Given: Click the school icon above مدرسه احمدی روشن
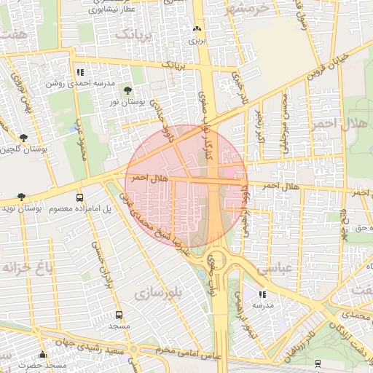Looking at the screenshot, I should tap(80, 72).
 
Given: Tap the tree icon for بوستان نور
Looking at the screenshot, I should tap(128, 90).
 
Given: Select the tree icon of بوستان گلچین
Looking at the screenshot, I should tap(24, 137).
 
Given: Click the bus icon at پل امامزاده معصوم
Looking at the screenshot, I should tap(79, 197).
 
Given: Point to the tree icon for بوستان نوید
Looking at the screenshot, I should tap(20, 197).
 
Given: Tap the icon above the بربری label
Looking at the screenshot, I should tap(196, 29).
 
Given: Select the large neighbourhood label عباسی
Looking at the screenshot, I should tap(294, 267).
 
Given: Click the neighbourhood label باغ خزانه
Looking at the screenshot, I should tap(27, 267).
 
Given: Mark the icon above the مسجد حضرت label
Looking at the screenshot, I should tap(43, 354).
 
